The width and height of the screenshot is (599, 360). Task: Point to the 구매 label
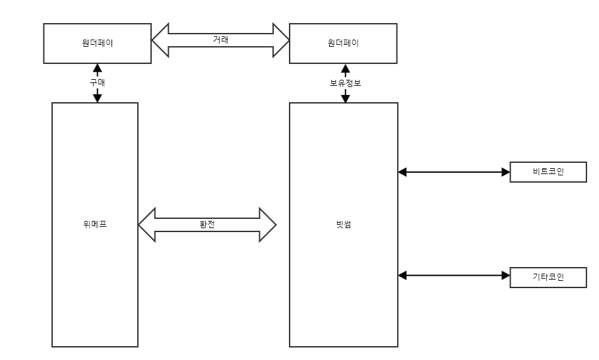click(98, 82)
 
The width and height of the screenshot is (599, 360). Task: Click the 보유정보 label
click(344, 82)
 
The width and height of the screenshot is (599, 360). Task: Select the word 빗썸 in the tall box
click(344, 224)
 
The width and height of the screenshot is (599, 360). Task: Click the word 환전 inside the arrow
click(207, 224)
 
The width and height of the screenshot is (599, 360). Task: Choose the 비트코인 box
click(548, 172)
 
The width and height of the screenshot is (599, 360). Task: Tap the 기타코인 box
click(548, 276)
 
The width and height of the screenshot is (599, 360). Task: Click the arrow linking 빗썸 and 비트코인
click(455, 172)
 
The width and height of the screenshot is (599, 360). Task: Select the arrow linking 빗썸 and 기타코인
click(455, 276)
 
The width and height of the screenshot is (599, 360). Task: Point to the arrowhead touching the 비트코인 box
click(506, 172)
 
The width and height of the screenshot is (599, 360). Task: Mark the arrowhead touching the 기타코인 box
click(506, 276)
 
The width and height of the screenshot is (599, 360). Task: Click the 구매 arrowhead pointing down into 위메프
click(98, 98)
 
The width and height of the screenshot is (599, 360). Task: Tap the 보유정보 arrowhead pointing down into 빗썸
click(344, 98)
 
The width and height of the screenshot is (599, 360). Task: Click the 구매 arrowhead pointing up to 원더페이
click(98, 67)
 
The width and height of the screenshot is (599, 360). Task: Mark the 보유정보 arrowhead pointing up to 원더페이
click(344, 67)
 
